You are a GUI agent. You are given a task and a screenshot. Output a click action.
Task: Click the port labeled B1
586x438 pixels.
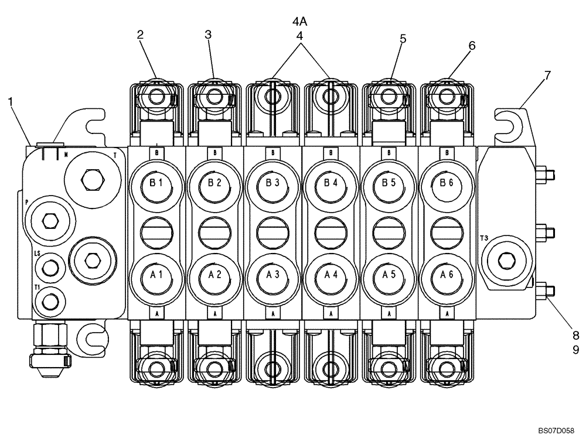tap(156, 183)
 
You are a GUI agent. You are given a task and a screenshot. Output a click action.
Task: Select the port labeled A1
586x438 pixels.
tap(156, 274)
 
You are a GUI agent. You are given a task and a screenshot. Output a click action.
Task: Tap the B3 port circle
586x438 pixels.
tap(272, 183)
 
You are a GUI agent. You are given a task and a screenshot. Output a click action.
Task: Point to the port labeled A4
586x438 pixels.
tap(331, 274)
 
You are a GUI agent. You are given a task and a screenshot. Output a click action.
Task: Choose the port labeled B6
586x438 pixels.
tap(448, 183)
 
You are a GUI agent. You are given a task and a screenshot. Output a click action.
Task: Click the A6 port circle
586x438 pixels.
tap(448, 274)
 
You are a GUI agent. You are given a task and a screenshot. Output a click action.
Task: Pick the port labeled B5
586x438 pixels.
tap(390, 183)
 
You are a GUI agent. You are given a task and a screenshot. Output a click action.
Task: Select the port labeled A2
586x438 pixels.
tap(214, 274)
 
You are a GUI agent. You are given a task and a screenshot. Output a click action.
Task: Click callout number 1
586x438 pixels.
tap(10, 101)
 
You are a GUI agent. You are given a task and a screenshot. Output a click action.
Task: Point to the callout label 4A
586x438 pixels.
tap(300, 22)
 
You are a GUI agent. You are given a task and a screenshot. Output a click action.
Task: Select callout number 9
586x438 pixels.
tap(575, 350)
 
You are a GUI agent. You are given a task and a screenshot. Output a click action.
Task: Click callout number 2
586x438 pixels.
tap(141, 35)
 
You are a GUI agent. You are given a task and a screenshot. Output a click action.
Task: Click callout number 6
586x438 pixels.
tap(472, 45)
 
